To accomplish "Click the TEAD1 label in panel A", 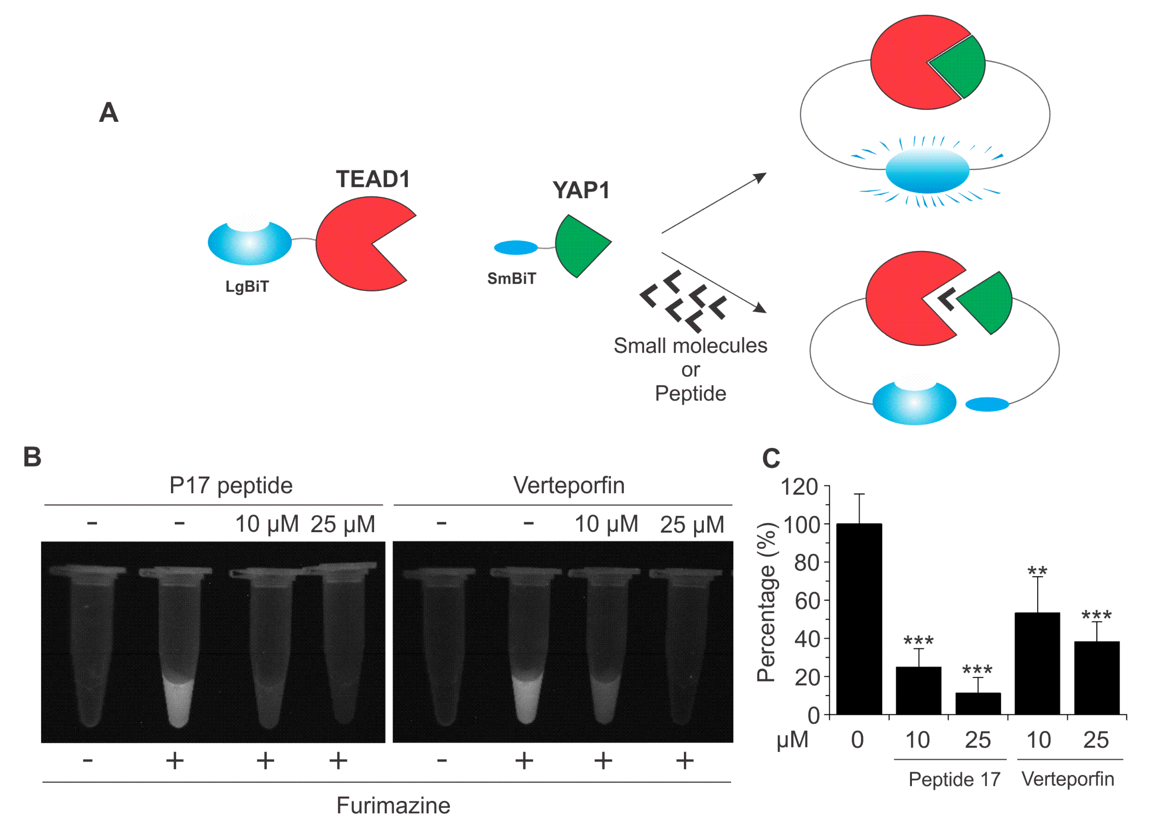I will [x=373, y=179].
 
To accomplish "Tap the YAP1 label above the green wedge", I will [x=581, y=190].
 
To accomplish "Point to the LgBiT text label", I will [x=247, y=286].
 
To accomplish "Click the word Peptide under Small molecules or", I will [x=690, y=393].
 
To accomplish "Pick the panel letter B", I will [x=33, y=457].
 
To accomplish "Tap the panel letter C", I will [x=771, y=458].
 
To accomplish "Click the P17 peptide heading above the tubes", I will [x=231, y=485].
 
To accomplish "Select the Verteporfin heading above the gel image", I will [x=569, y=485].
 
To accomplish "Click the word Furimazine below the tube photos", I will [x=393, y=806].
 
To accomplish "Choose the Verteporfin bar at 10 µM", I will [x=1037, y=663].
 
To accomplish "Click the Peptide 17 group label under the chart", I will [x=954, y=779].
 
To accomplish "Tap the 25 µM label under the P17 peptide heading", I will [x=343, y=524].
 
